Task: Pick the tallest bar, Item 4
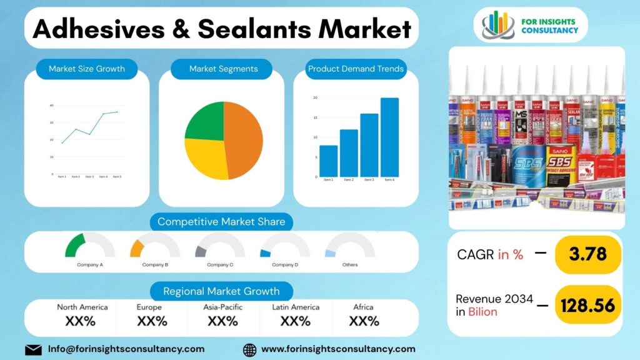click(389, 137)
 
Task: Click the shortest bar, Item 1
click(328, 161)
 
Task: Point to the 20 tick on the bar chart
click(316, 97)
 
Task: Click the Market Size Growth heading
click(87, 69)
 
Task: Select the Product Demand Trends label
click(356, 69)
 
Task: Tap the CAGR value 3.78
click(588, 254)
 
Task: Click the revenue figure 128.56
click(587, 305)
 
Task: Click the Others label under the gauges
click(350, 265)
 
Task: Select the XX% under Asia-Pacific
click(222, 321)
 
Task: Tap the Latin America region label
click(296, 307)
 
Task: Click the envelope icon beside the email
click(33, 349)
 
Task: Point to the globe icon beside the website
click(249, 349)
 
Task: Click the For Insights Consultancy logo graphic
click(498, 24)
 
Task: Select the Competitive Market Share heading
click(221, 221)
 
